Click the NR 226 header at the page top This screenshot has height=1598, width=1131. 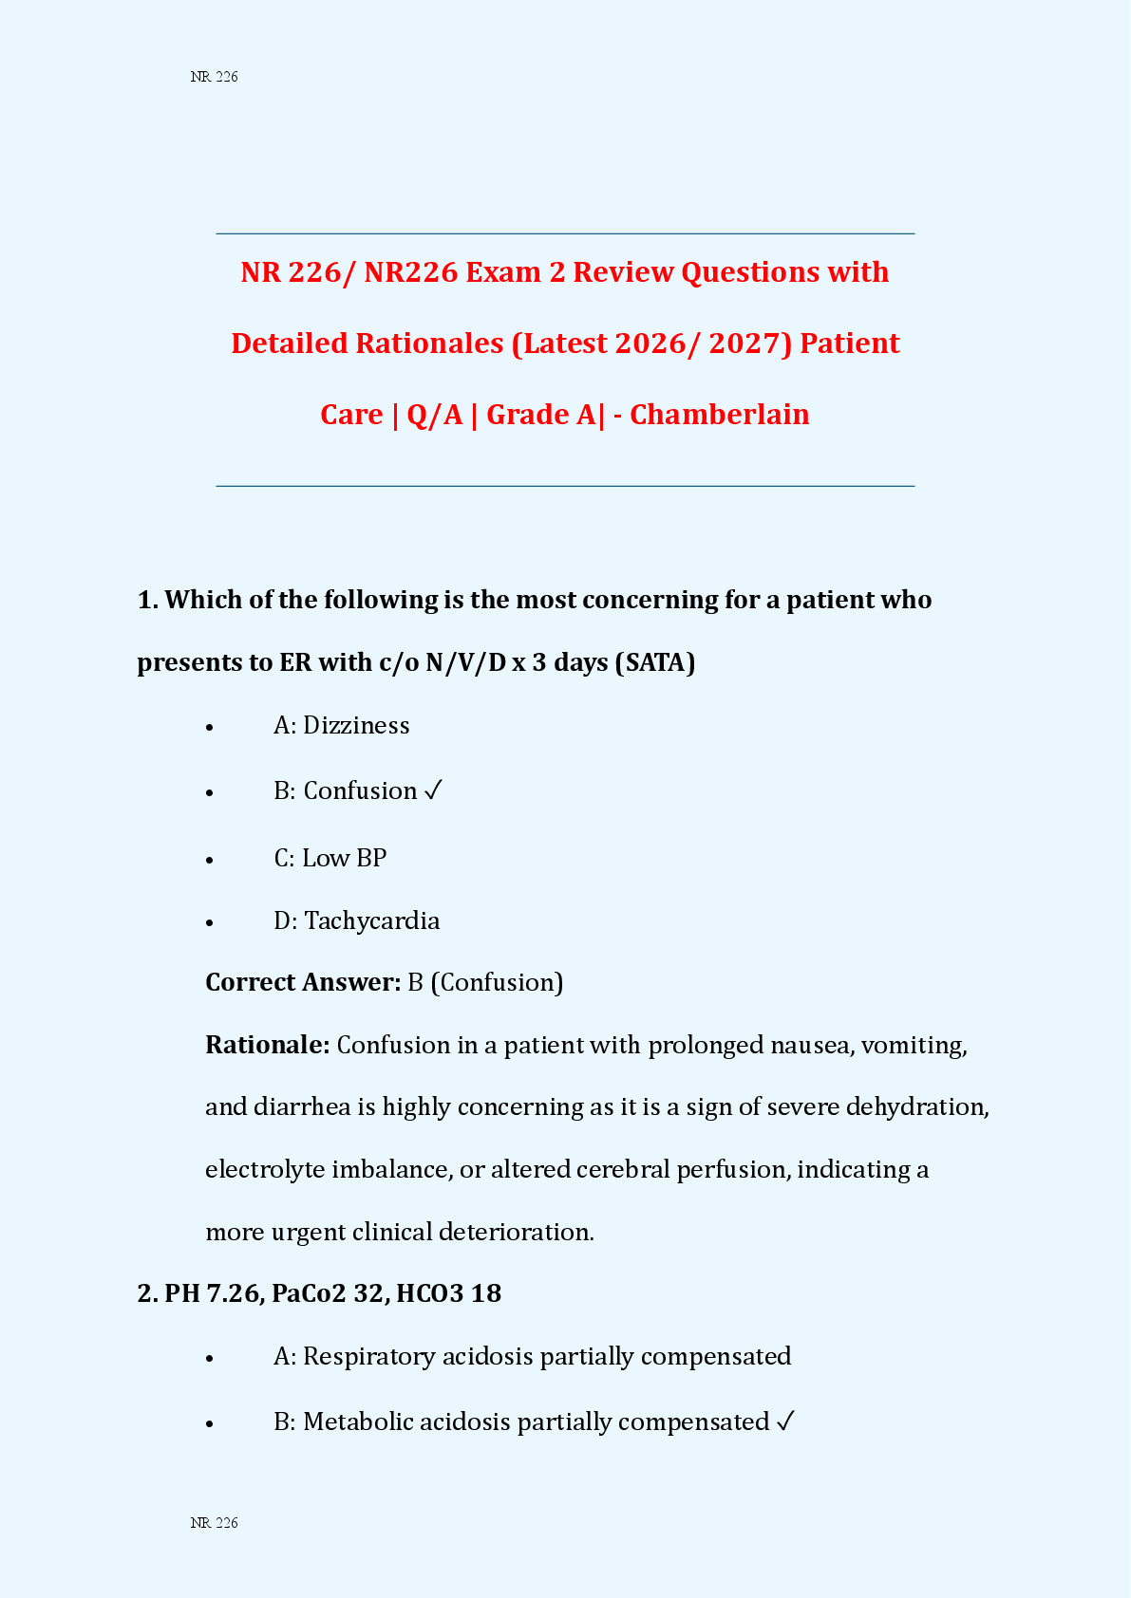214,77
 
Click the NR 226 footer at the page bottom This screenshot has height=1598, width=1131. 214,1523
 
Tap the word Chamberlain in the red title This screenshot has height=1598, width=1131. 719,415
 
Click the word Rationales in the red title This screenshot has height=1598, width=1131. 429,344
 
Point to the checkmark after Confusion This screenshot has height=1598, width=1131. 433,790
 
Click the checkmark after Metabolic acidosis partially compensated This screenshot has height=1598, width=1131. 785,1421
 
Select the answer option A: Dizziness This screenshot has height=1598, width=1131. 341,726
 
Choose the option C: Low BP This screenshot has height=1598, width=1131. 330,858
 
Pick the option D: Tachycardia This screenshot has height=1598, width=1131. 356,920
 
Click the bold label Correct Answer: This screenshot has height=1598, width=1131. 303,982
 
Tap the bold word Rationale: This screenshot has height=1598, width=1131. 268,1045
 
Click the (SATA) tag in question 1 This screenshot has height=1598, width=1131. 655,662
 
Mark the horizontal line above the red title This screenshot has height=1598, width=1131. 565,233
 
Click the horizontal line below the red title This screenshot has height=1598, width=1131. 565,486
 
